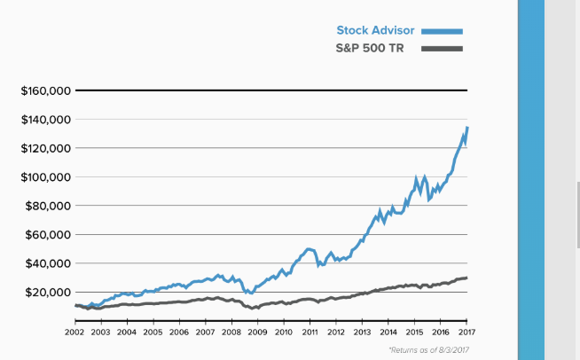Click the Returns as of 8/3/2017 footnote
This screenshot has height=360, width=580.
click(x=428, y=350)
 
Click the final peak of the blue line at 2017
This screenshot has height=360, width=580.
click(x=467, y=128)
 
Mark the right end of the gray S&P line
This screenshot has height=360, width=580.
click(x=467, y=278)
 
